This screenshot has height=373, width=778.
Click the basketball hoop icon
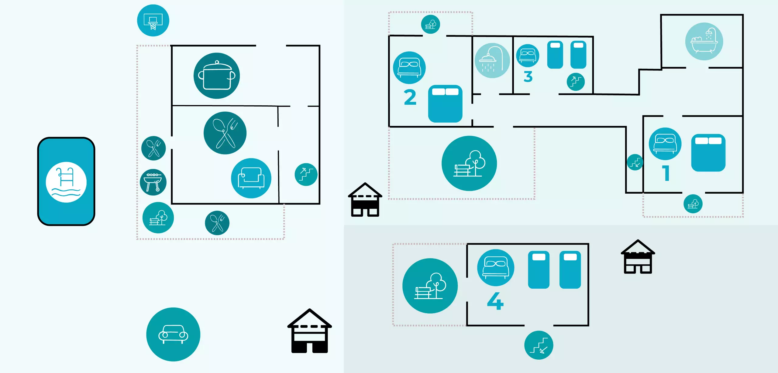153,21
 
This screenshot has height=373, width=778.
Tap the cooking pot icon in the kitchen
216,76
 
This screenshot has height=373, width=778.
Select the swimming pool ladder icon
66,182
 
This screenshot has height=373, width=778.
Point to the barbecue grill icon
153,182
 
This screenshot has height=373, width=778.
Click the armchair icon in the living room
251,178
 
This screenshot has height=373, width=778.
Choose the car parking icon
173,334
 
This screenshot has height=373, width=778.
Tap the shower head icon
492,60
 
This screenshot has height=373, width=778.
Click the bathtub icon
704,42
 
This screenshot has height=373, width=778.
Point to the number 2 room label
410,97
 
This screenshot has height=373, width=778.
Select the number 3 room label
528,76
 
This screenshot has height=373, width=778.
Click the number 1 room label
666,173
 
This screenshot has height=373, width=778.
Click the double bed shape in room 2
445,103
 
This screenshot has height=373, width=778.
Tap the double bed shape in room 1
708,153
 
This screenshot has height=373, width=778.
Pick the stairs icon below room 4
539,345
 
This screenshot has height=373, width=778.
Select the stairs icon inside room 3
576,82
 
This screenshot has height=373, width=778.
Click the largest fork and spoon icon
225,133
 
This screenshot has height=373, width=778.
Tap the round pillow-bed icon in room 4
495,267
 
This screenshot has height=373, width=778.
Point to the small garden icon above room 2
430,24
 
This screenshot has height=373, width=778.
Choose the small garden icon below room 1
693,204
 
